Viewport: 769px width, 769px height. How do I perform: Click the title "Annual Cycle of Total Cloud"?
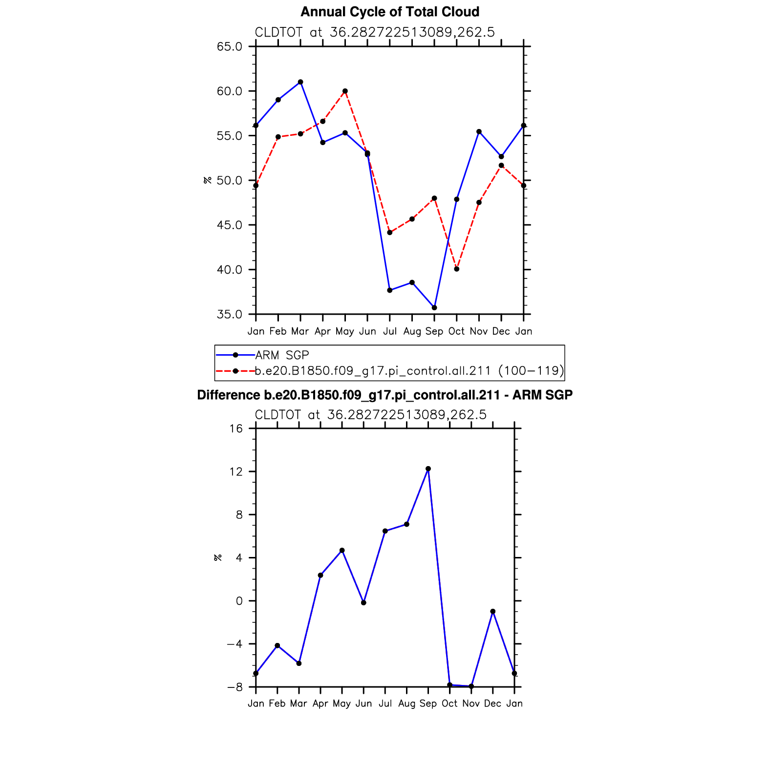click(389, 12)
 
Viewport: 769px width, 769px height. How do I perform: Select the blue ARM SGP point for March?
click(300, 82)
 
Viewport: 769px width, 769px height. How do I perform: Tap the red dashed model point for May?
click(345, 91)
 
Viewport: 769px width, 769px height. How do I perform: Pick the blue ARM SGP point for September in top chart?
click(434, 308)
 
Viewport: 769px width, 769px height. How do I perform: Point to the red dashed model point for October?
click(457, 269)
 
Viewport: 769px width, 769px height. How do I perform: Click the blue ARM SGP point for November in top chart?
click(479, 131)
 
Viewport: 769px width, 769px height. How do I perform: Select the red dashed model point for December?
click(501, 166)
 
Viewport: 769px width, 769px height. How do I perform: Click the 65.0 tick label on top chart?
click(230, 47)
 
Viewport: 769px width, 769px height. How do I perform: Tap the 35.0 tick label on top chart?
click(230, 315)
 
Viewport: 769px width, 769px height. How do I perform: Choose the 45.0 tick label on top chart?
click(230, 225)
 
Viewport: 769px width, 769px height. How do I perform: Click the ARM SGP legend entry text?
click(282, 355)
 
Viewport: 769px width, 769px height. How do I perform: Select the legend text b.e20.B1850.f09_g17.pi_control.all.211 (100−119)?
click(409, 371)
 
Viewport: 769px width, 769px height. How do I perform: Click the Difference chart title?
click(384, 395)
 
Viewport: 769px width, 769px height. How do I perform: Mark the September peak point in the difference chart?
click(428, 469)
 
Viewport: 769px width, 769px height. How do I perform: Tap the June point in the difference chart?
click(363, 603)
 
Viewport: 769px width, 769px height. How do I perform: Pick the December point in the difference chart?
click(493, 612)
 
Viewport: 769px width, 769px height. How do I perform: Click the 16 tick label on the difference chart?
click(236, 429)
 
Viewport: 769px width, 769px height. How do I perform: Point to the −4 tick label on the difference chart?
click(235, 644)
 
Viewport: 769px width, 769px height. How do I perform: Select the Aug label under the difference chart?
click(406, 704)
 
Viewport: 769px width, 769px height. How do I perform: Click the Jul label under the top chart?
click(390, 332)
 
